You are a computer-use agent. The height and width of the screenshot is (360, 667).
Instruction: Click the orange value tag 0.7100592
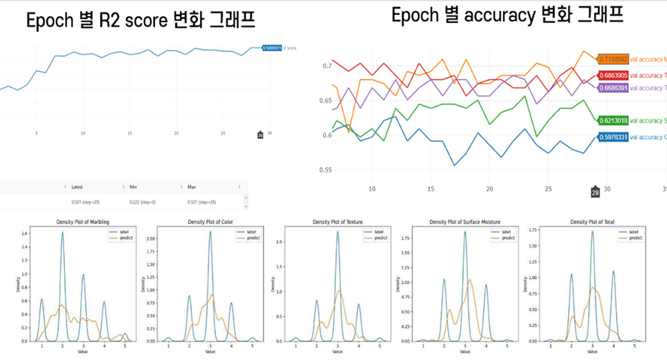pyautogui.click(x=613, y=59)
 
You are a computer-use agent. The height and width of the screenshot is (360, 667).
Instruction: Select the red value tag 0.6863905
pyautogui.click(x=613, y=76)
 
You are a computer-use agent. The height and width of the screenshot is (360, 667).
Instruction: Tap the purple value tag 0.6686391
pyautogui.click(x=613, y=88)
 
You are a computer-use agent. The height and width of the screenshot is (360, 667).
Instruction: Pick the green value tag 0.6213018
pyautogui.click(x=613, y=121)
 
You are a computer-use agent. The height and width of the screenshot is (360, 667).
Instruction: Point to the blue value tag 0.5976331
pyautogui.click(x=613, y=137)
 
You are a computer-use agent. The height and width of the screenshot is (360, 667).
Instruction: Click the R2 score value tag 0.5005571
pyautogui.click(x=272, y=48)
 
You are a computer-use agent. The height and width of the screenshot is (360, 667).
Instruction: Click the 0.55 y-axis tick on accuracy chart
pyautogui.click(x=325, y=170)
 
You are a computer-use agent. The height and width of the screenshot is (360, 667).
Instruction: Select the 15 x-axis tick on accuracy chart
pyautogui.click(x=431, y=189)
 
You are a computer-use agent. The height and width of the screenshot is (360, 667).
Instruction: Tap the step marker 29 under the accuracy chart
pyautogui.click(x=595, y=192)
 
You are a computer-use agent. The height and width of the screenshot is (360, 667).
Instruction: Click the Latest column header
pyautogui.click(x=77, y=187)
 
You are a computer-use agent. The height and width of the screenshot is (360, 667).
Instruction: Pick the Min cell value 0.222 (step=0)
pyautogui.click(x=142, y=202)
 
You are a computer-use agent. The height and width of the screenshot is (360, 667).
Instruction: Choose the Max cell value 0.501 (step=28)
pyautogui.click(x=201, y=202)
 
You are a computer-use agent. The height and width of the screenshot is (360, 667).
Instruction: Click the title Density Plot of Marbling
pyautogui.click(x=83, y=222)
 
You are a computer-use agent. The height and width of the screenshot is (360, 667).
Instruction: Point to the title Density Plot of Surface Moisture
pyautogui.click(x=465, y=222)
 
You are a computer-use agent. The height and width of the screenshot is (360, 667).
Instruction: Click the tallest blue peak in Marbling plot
pyautogui.click(x=63, y=233)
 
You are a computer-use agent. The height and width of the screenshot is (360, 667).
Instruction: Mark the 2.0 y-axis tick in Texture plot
pyautogui.click(x=279, y=242)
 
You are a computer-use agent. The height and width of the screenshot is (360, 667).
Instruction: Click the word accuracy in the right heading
pyautogui.click(x=500, y=16)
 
